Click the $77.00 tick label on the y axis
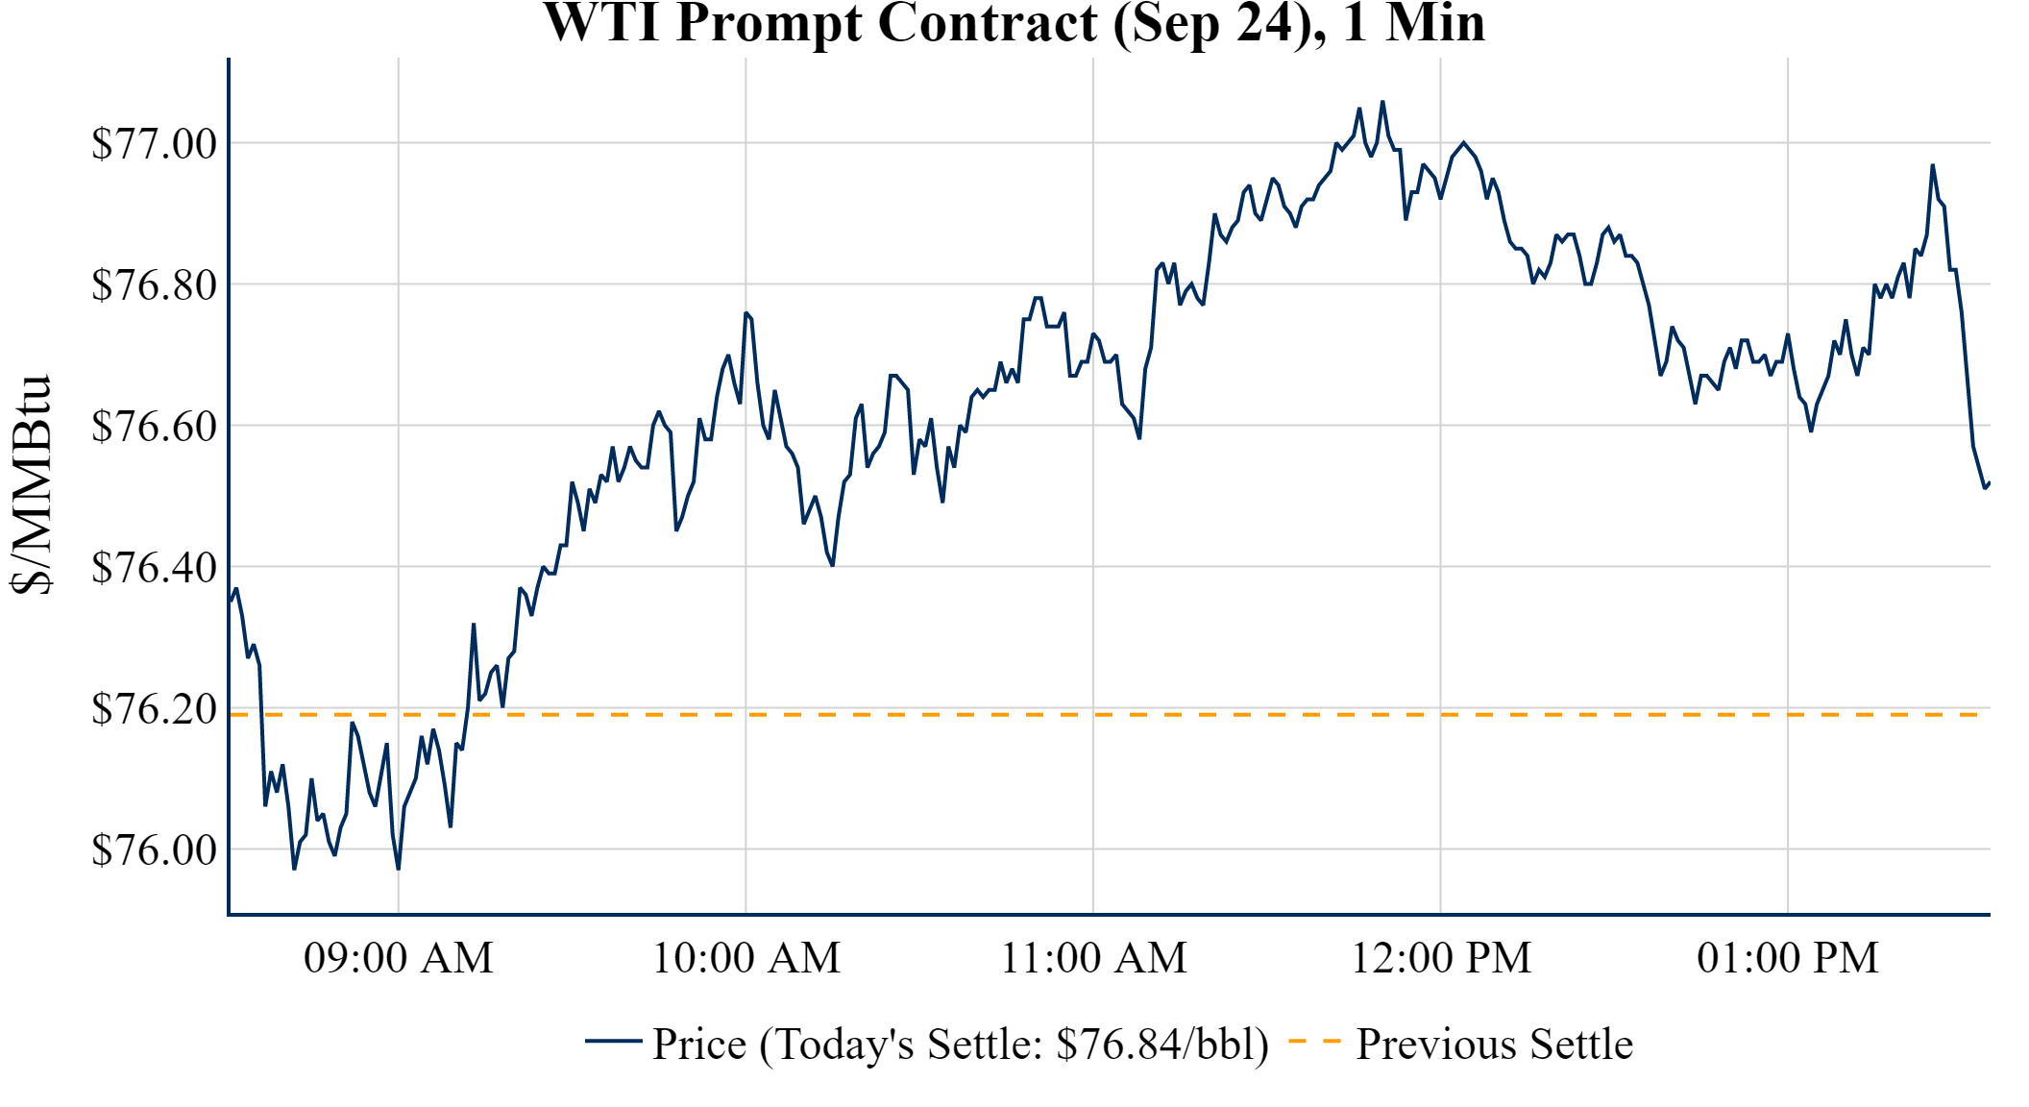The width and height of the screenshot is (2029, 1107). [x=154, y=144]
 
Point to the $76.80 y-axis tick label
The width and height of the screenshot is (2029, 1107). [x=154, y=285]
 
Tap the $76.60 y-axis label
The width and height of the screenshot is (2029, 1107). [x=154, y=427]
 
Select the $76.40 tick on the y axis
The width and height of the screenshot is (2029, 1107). [x=154, y=568]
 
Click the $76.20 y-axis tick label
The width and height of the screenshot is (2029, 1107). [x=154, y=709]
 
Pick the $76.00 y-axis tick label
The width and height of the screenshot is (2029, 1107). [x=154, y=850]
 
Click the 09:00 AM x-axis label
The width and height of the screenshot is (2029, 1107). [x=399, y=958]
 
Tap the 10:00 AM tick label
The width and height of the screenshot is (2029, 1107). [x=746, y=958]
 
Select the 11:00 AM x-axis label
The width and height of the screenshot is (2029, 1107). [x=1093, y=958]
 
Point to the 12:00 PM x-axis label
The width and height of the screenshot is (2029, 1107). [x=1441, y=958]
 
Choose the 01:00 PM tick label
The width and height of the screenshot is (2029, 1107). [x=1788, y=958]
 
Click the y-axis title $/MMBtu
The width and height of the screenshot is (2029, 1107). [x=31, y=485]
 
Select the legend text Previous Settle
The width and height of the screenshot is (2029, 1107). [x=1494, y=1045]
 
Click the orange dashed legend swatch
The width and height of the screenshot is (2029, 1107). [x=1314, y=1042]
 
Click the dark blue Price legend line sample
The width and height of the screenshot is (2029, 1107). [x=613, y=1042]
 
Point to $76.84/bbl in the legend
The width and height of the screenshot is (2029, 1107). [x=1161, y=1045]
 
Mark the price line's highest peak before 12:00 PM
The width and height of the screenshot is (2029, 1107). [x=1382, y=102]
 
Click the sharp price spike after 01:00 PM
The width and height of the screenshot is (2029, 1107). [x=1933, y=165]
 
